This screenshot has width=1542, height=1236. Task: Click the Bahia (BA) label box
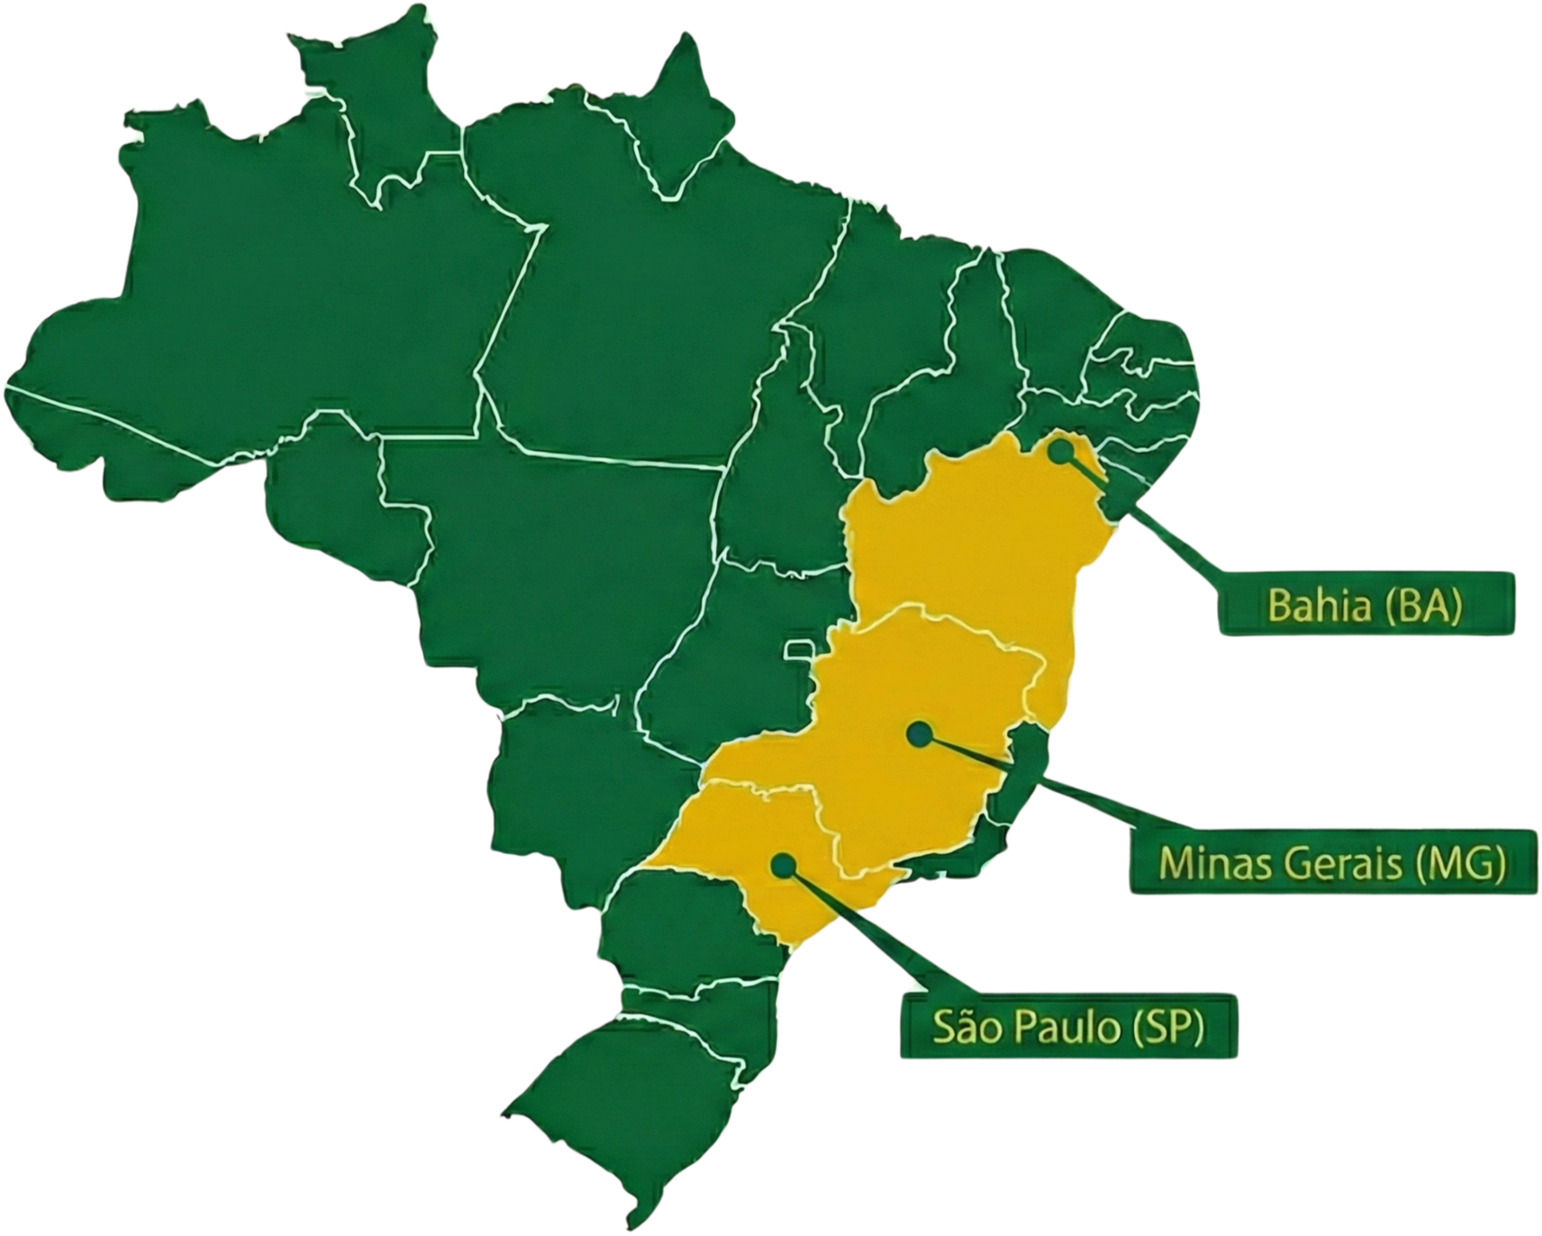pyautogui.click(x=1365, y=604)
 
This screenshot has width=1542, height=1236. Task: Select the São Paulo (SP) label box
pyautogui.click(x=1067, y=1026)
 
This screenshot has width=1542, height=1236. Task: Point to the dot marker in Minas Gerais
pyautogui.click(x=918, y=734)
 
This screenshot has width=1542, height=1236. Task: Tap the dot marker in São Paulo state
pyautogui.click(x=784, y=866)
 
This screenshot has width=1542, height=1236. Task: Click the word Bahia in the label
pyautogui.click(x=1318, y=605)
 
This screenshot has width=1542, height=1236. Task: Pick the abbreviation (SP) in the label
pyautogui.click(x=1168, y=1026)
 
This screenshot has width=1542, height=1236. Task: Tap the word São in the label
pyautogui.click(x=961, y=1026)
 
